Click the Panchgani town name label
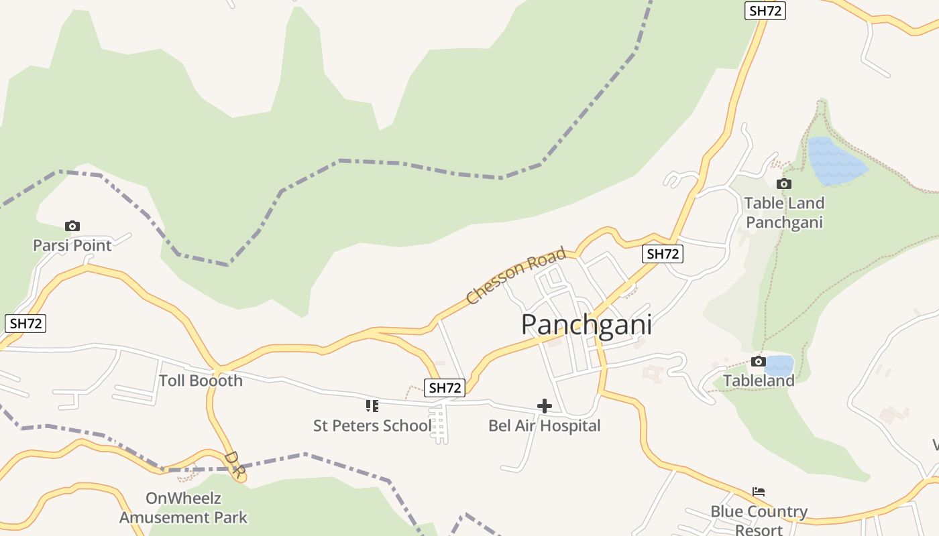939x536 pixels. [x=586, y=325]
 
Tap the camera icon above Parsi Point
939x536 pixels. [x=72, y=226]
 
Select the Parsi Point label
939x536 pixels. [x=72, y=245]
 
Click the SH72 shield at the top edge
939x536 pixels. [x=765, y=11]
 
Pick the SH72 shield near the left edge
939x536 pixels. [x=26, y=324]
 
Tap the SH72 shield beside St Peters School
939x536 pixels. [x=445, y=387]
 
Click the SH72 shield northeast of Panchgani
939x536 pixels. [x=663, y=254]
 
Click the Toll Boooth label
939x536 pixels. [x=201, y=381]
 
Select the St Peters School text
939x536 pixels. [x=372, y=425]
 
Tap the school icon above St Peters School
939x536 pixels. [x=372, y=405]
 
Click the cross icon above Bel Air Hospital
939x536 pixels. [x=545, y=405]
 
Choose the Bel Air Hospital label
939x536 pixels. [x=545, y=425]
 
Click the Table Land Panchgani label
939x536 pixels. [x=784, y=212]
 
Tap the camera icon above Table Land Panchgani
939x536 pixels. [x=783, y=184]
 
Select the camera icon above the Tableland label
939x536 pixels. [x=758, y=362]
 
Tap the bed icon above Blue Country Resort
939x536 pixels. [x=759, y=492]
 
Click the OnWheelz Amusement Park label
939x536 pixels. [x=183, y=508]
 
